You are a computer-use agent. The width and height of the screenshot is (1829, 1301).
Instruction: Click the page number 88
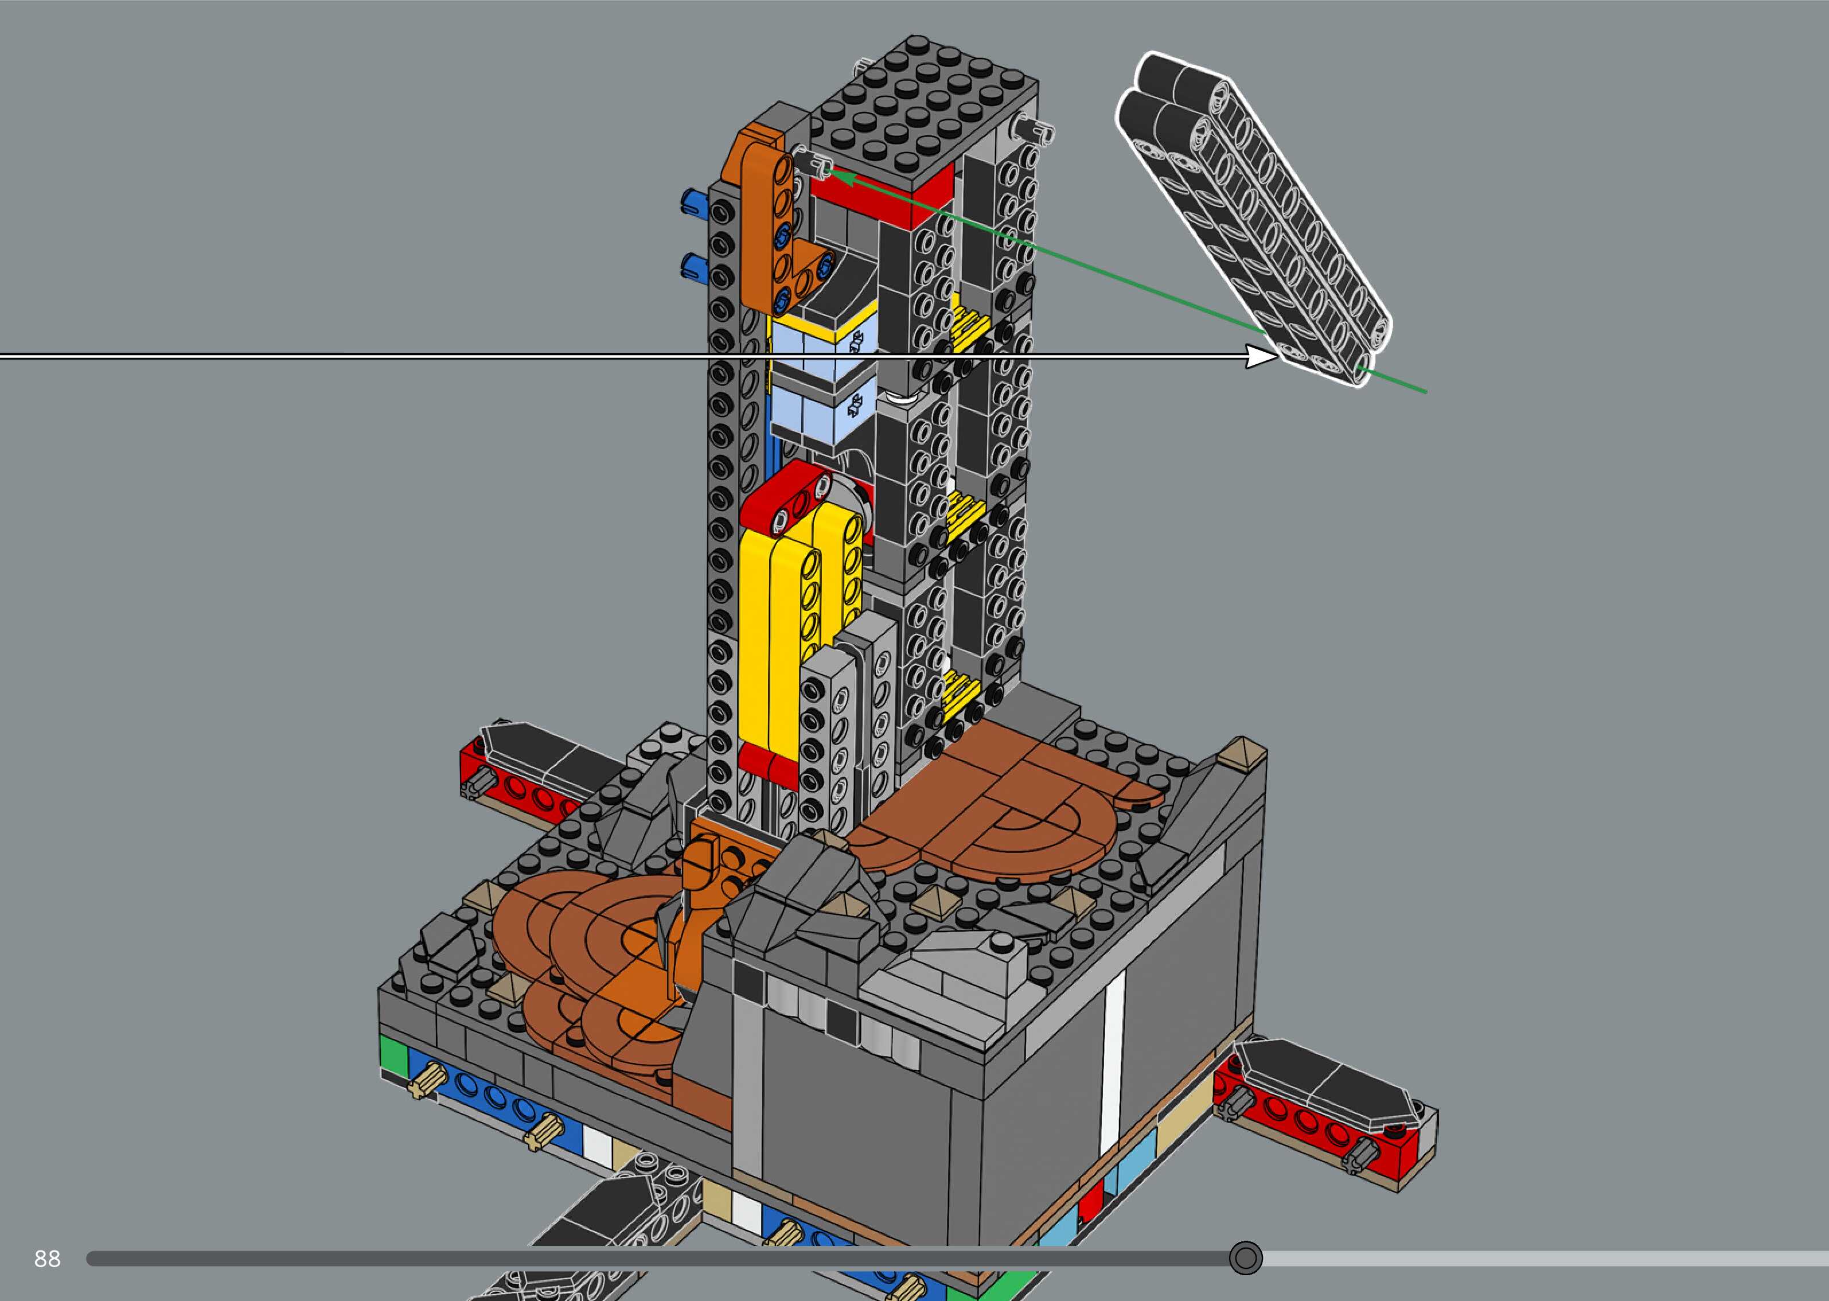point(47,1259)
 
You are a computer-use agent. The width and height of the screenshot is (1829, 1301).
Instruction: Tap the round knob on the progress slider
point(1245,1258)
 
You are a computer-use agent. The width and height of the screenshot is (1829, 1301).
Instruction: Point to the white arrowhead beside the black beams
point(1263,356)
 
